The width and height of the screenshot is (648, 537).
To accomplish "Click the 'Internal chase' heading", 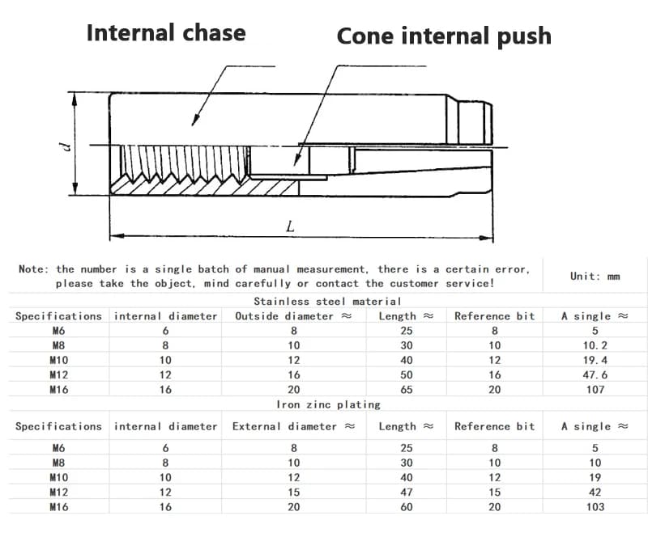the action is [x=166, y=32].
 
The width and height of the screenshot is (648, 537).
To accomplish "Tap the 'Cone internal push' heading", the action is [x=444, y=36].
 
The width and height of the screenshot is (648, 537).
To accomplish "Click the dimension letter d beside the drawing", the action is [x=65, y=146].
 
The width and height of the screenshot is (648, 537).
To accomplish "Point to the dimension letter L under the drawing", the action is [x=291, y=226].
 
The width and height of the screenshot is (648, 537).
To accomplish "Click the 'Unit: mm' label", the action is [x=595, y=276].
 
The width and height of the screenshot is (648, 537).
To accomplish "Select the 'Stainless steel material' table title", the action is [x=327, y=302].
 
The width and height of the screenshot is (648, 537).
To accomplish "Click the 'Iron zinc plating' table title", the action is [x=329, y=404].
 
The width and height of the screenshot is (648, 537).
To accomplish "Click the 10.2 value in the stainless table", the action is [x=595, y=345].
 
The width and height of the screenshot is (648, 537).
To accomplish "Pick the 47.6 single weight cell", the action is [x=595, y=374].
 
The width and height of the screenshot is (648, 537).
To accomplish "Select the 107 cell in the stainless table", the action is [x=595, y=390].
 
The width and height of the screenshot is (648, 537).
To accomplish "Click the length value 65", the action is [x=407, y=390].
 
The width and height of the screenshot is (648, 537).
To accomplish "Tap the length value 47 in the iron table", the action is [x=407, y=492].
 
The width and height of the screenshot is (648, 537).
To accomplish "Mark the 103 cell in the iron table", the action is [x=595, y=507].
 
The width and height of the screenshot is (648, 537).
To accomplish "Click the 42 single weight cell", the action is [x=595, y=492].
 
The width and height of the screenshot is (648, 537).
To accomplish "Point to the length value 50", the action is [x=407, y=374].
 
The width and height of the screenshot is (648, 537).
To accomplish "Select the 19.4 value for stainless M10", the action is [x=595, y=361].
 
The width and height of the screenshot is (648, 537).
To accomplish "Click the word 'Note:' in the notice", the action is [x=34, y=269].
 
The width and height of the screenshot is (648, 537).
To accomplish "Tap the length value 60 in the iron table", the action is [x=407, y=507].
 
